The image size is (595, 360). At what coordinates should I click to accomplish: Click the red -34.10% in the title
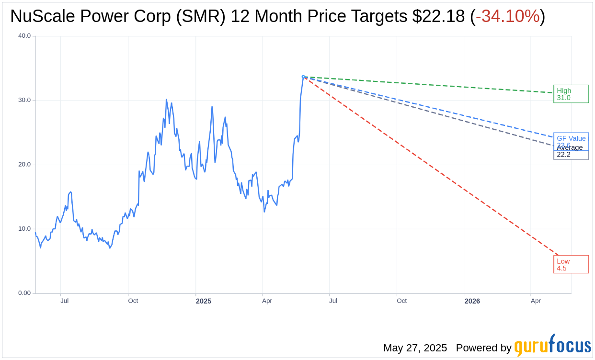coord(507,17)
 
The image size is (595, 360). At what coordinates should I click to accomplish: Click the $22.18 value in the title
coord(438,17)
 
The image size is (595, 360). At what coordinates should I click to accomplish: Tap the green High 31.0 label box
coord(571,94)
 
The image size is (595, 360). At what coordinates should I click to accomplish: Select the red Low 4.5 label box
coord(571,264)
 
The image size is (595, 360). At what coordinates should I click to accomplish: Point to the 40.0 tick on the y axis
coord(24,36)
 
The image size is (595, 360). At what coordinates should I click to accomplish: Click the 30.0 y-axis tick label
coord(24,100)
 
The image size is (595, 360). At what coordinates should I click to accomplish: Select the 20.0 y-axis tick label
coord(24,165)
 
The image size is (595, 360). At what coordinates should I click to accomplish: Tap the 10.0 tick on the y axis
coord(24,229)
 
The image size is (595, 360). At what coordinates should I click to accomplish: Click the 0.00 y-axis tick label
coord(24,293)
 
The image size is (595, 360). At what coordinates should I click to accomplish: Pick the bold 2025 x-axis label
coord(204,301)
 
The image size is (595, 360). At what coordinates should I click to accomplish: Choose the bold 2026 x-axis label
coord(472,301)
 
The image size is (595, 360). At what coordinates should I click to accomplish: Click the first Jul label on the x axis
coord(64,301)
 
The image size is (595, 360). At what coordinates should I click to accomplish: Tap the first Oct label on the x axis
coord(133,301)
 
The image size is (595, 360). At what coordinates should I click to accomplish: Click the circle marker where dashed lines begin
coord(303,77)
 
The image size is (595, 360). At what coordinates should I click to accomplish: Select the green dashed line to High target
coord(431,85)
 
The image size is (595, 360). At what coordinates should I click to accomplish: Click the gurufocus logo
coord(552,346)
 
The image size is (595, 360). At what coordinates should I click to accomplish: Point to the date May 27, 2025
coord(415,348)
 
